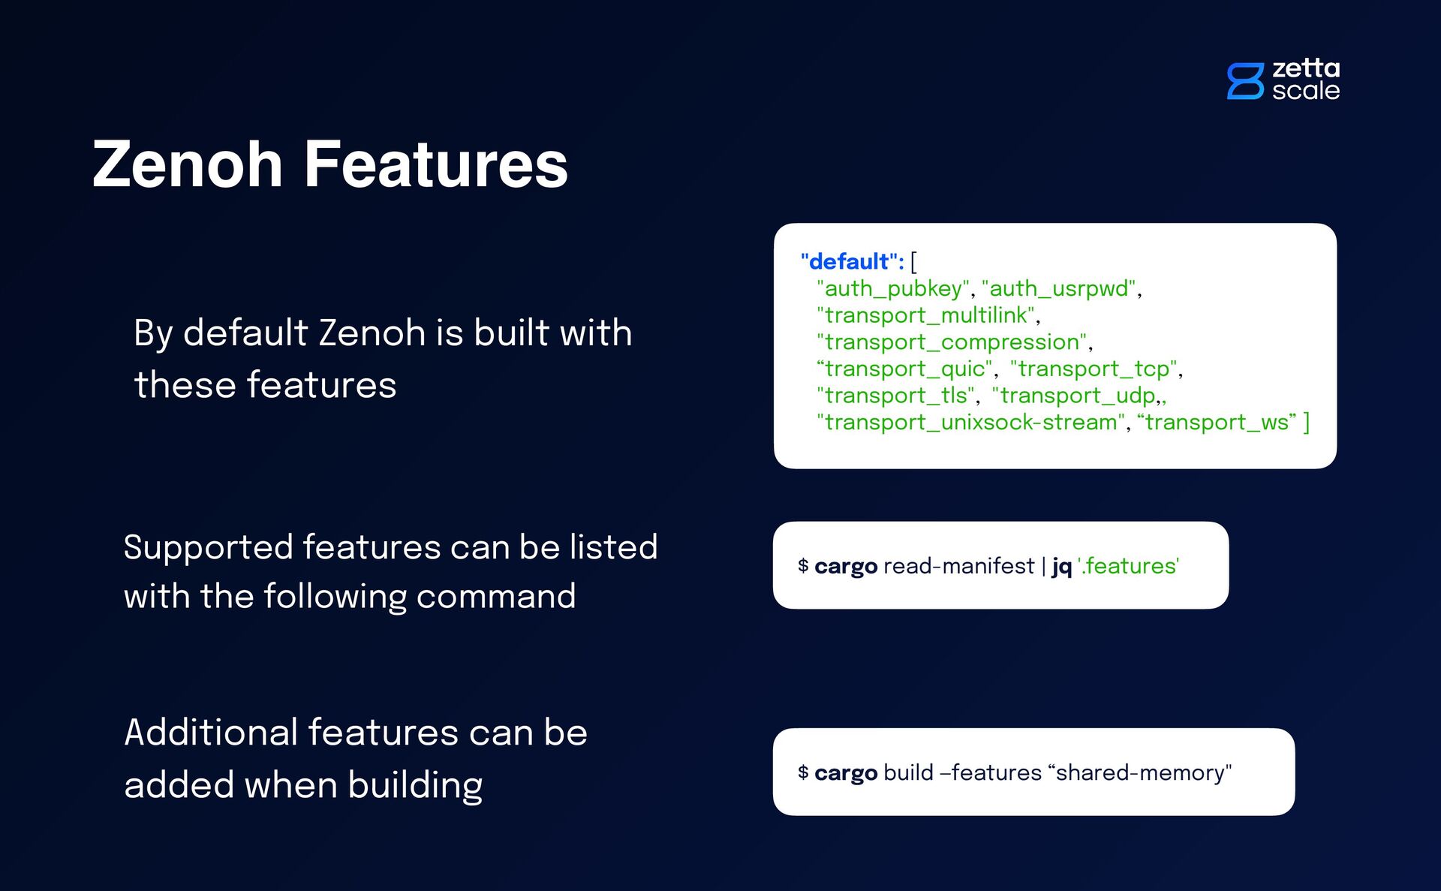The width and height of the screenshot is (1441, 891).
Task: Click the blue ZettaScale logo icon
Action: pos(1245,81)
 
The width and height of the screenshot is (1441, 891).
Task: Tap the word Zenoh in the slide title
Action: pos(188,164)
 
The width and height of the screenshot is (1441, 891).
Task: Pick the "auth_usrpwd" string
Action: pos(1059,289)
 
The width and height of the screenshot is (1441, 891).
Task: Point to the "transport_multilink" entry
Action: pos(926,315)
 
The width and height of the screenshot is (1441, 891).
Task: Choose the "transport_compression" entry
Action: pos(952,342)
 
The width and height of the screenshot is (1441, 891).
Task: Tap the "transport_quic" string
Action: pos(904,369)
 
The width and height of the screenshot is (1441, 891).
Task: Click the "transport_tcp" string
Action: pos(1094,369)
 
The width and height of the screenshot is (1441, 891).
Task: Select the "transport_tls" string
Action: pos(895,396)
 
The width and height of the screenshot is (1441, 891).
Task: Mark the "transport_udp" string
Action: pos(1077,396)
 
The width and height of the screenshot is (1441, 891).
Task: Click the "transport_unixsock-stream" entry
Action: pos(971,423)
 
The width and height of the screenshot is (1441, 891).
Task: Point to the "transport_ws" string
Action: pos(1217,423)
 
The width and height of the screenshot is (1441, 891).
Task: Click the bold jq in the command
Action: pos(1061,566)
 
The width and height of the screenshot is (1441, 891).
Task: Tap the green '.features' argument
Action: pos(1129,566)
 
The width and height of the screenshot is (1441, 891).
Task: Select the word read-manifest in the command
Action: pos(958,566)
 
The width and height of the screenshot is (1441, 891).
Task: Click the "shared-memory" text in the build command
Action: pos(1140,773)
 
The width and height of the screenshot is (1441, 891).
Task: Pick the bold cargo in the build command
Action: pos(846,773)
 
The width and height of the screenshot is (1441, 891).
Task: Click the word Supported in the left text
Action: pos(208,547)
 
